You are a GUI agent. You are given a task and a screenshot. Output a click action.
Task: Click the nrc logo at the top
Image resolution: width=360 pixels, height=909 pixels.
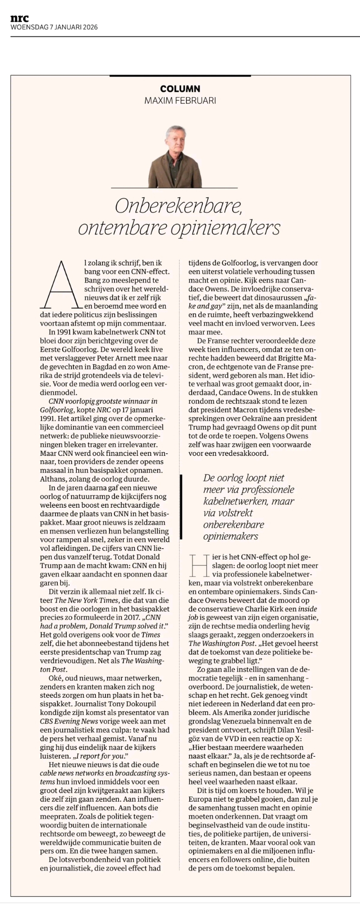pyautogui.click(x=20, y=18)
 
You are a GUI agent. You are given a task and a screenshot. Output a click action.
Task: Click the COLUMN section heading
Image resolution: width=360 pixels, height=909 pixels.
pyautogui.click(x=180, y=89)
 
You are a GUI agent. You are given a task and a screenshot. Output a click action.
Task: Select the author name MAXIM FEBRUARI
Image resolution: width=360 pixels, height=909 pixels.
pyautogui.click(x=180, y=100)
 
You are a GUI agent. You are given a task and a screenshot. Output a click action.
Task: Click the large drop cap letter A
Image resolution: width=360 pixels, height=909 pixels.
pyautogui.click(x=62, y=284)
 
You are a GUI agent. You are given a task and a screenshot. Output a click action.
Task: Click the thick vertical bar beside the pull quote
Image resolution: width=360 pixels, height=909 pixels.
pyautogui.click(x=181, y=506)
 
